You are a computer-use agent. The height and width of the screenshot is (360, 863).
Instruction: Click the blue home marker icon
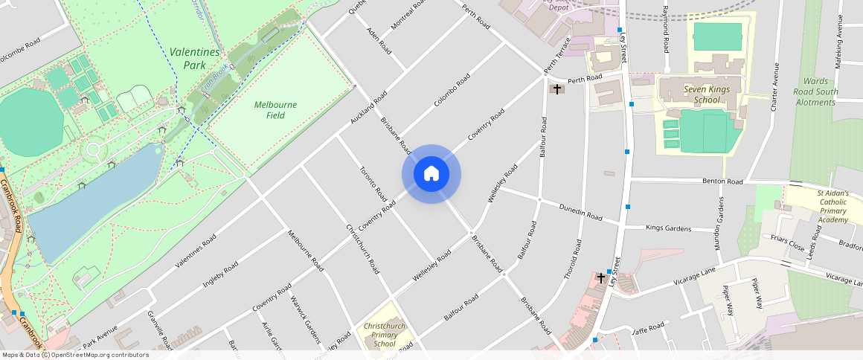point(431,174)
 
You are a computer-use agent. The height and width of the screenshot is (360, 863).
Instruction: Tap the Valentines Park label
point(194,58)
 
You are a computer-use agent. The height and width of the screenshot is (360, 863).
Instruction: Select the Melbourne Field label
point(275,110)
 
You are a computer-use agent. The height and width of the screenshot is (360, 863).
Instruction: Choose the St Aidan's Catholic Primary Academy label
point(832,206)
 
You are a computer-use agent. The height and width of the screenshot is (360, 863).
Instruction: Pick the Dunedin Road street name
point(580,213)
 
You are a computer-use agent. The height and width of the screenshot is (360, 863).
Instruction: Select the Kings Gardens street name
point(669,228)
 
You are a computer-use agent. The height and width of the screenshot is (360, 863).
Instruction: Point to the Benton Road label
point(722,181)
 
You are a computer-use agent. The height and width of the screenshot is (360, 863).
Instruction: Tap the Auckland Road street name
point(369,108)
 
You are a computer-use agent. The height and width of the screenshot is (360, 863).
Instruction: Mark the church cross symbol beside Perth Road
point(556,89)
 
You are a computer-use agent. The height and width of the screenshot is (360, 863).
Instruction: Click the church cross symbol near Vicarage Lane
point(601,277)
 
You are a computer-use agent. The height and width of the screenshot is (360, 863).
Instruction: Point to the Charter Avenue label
point(774,86)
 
